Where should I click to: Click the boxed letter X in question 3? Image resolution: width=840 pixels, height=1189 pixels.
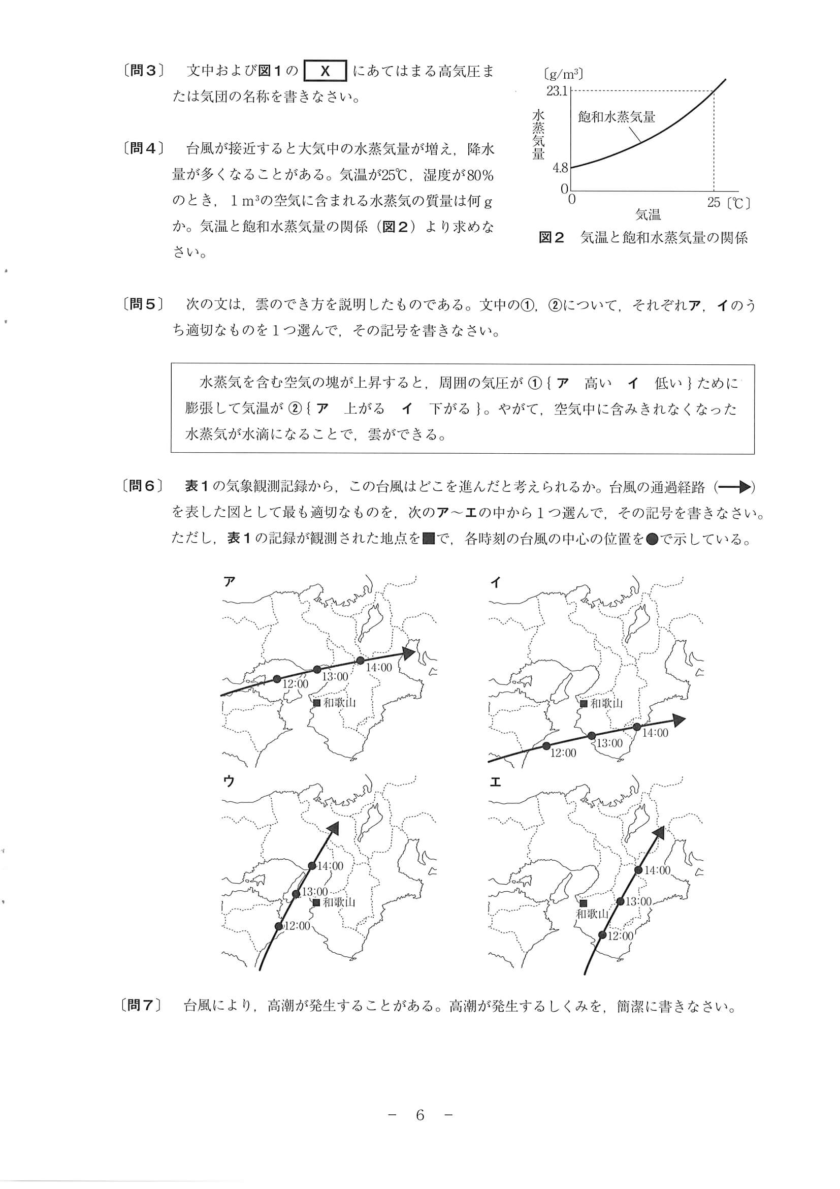tap(326, 71)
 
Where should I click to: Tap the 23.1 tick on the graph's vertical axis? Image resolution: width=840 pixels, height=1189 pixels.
tap(557, 91)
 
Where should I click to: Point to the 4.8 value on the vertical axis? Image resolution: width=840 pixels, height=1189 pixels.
tap(560, 168)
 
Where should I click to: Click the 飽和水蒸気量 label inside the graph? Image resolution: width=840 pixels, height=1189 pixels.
tap(616, 117)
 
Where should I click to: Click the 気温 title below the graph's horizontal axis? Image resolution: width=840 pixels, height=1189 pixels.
tap(648, 214)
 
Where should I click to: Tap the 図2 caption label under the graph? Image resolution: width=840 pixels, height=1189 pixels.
tap(551, 238)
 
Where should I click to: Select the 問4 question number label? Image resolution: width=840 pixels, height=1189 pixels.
tap(143, 148)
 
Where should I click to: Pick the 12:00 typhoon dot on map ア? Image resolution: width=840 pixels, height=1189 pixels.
tap(277, 678)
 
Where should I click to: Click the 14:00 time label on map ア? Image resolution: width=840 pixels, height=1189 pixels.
tap(379, 668)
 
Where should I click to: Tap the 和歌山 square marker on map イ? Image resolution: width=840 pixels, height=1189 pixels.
tap(584, 703)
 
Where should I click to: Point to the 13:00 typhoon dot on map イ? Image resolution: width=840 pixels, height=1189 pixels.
tap(592, 735)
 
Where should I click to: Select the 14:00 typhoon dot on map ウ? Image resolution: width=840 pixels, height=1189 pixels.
tap(311, 865)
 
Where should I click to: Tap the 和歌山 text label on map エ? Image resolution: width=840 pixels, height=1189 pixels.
tap(592, 914)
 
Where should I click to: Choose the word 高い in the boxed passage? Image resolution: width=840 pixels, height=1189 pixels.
tap(598, 384)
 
